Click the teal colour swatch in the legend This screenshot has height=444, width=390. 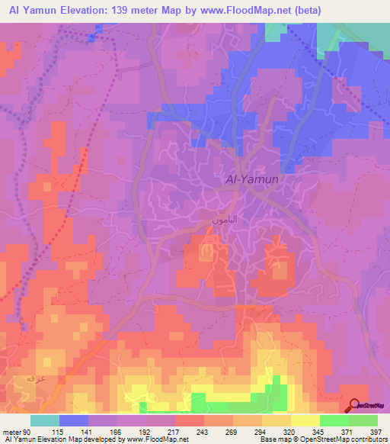click(45, 420)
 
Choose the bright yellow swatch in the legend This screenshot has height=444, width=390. click(305, 420)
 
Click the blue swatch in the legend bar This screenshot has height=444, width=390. click(74, 420)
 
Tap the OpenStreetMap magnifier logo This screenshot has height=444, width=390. click(355, 405)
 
